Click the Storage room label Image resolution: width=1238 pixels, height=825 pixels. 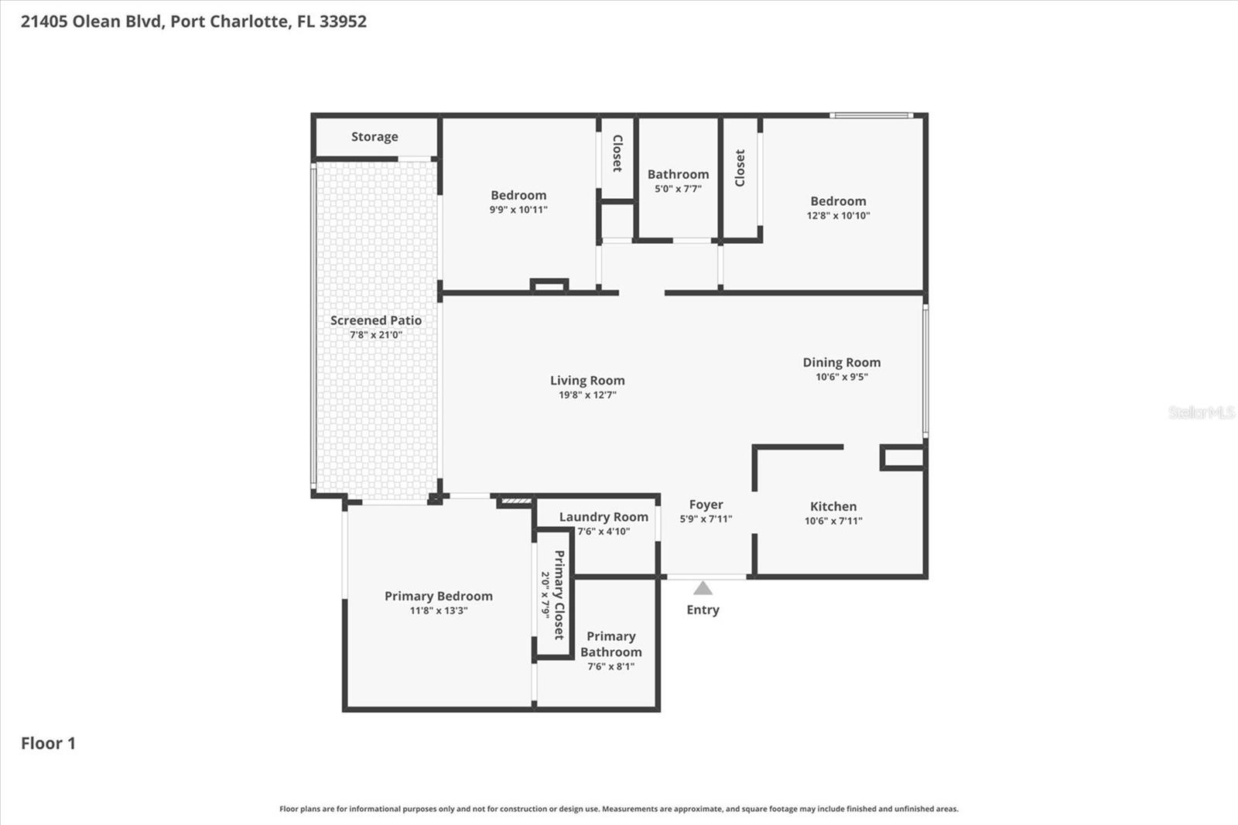pos(374,137)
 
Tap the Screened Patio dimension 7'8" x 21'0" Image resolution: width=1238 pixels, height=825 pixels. pos(376,335)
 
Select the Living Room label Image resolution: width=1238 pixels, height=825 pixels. pos(587,380)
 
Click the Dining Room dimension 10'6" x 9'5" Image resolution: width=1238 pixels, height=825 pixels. pos(841,377)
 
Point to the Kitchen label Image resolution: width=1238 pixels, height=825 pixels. pos(833,506)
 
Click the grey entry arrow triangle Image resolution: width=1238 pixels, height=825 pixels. pos(703,589)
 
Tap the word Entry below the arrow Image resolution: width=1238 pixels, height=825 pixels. pos(703,610)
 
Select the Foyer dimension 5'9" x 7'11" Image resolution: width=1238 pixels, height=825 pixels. pos(706,519)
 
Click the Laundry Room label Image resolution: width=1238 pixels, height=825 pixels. pos(604,517)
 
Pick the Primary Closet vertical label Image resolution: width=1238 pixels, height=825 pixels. pos(559,594)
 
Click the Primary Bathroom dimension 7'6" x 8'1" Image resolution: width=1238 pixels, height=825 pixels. pos(610,666)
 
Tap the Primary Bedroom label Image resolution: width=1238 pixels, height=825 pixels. pos(438,596)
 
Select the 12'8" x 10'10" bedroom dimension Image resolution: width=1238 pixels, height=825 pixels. pos(838,216)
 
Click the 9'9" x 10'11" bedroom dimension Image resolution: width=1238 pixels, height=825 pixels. pos(518,210)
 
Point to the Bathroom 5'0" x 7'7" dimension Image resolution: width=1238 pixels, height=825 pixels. pos(678,189)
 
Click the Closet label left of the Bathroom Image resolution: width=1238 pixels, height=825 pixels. pos(617,153)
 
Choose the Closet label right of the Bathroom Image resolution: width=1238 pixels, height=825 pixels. pos(740,168)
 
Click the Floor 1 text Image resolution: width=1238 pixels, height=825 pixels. pos(48,744)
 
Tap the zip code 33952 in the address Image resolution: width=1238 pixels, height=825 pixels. pos(343,22)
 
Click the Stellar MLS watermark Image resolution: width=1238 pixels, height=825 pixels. pos(1201,412)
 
